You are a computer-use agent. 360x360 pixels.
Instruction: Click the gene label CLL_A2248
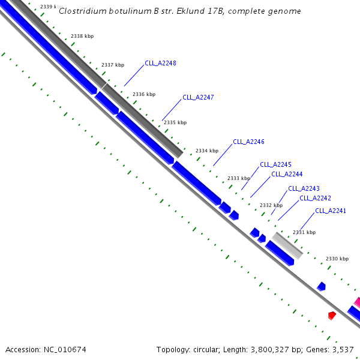point(160,63)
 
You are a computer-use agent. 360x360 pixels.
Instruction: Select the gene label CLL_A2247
point(198,97)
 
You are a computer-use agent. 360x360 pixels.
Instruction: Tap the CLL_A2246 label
point(248,142)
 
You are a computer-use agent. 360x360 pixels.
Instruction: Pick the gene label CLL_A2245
point(275,164)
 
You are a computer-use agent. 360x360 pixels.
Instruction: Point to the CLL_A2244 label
point(287,174)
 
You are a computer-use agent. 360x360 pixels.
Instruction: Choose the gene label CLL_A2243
point(304,188)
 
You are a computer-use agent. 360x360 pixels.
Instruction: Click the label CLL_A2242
point(315,198)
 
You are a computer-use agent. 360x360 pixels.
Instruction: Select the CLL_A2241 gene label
point(331,211)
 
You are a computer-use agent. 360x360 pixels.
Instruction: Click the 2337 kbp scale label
point(113,65)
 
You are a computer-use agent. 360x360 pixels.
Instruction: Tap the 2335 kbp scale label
point(175,122)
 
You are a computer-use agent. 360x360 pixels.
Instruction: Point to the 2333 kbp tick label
point(239,178)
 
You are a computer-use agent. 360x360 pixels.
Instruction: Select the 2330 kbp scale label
point(337,259)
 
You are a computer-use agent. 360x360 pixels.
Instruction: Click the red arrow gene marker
point(332,315)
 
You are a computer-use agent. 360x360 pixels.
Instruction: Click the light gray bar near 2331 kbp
point(287,245)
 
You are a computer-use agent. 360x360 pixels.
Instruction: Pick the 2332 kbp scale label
point(271,205)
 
